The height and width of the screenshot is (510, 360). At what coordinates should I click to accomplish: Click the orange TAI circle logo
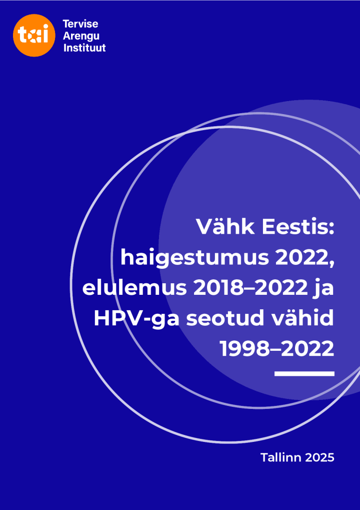(34, 36)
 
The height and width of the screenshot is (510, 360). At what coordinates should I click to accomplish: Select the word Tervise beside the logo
(80, 24)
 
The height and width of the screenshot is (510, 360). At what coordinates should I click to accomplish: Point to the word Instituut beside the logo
(84, 48)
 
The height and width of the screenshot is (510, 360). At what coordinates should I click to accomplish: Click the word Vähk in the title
(224, 228)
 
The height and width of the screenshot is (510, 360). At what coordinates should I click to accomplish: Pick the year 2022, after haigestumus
(304, 258)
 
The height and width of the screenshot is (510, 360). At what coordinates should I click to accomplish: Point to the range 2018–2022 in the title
(243, 289)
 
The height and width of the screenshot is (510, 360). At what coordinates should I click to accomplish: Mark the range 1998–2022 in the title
(277, 349)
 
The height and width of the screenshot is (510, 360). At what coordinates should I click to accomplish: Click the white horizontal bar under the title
(304, 373)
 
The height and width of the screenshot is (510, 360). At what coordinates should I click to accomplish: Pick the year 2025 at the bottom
(319, 457)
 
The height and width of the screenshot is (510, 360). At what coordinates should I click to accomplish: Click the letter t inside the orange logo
(22, 36)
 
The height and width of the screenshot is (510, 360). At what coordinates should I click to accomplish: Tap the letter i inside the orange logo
(46, 35)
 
